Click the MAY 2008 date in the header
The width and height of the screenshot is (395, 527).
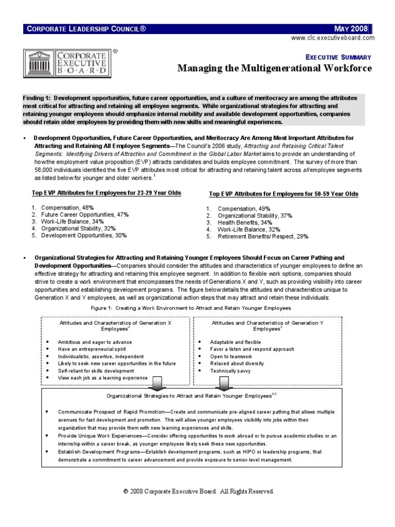click(x=351, y=28)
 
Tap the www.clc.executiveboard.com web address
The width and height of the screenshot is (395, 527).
click(x=332, y=38)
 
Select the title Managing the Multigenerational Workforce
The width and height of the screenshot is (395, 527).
click(x=274, y=68)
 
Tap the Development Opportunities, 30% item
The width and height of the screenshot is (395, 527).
click(x=84, y=235)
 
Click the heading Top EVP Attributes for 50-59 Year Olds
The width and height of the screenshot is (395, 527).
click(x=283, y=194)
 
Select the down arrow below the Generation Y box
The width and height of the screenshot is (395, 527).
click(x=223, y=383)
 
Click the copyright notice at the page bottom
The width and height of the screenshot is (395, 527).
click(x=198, y=491)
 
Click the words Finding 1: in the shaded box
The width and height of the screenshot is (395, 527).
click(x=37, y=98)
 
